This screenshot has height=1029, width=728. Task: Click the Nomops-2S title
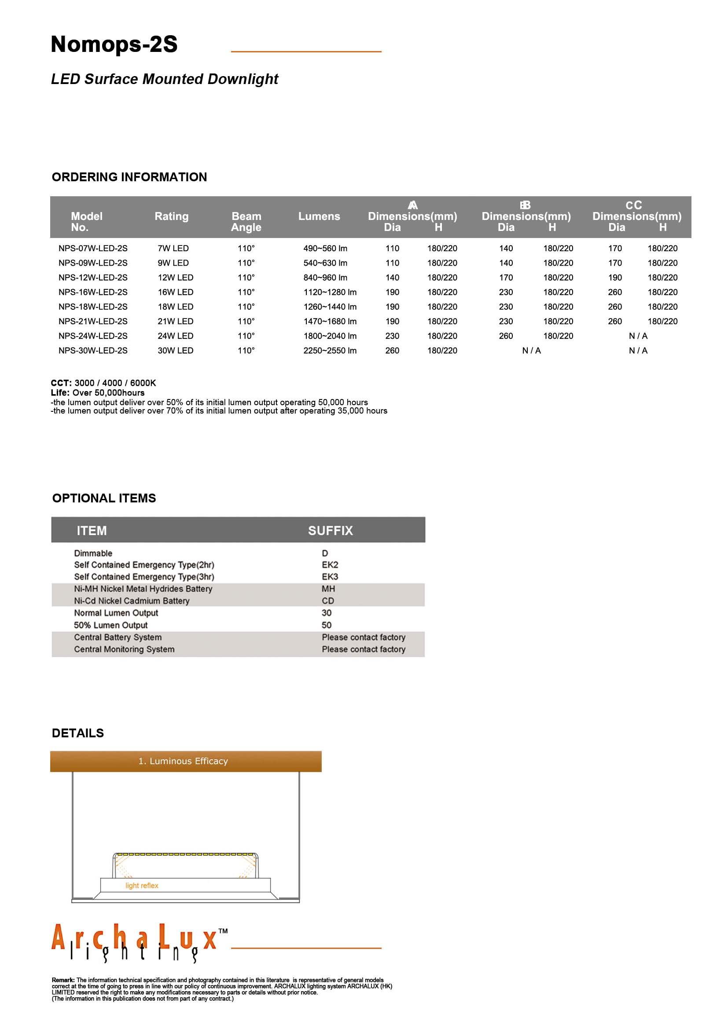coord(114,44)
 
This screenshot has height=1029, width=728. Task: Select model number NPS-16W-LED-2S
coord(93,292)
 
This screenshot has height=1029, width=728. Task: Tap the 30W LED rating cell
coord(175,351)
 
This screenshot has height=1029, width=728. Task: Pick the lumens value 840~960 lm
coord(325,278)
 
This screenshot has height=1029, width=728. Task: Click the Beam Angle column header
coord(246,221)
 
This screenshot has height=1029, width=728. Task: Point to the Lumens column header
coord(319,216)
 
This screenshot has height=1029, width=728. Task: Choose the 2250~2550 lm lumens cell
coord(330,351)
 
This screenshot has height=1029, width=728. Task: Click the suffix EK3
coord(330,577)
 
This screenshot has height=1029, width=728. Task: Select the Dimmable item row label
coord(93,553)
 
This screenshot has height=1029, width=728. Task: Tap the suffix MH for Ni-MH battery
coord(328,589)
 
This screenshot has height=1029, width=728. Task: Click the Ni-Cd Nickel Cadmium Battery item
coord(132,601)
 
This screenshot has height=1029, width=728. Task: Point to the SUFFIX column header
coord(331,531)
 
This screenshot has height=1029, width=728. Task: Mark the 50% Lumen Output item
coord(111,625)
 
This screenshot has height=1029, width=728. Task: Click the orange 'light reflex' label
coord(142,886)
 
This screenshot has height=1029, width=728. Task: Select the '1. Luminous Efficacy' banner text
coord(183,761)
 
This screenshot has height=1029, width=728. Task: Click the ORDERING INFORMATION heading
coord(129,177)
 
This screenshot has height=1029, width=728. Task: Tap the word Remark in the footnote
coord(63,980)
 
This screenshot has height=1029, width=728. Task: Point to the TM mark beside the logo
coord(223,931)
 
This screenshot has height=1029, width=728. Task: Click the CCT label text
coord(61,383)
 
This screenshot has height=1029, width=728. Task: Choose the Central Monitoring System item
coord(124,649)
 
